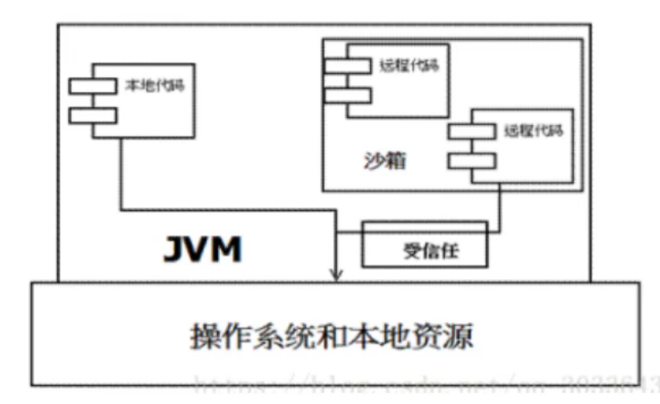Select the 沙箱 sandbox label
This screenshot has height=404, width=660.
(x=373, y=160)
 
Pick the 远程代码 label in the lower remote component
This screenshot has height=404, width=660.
(x=535, y=131)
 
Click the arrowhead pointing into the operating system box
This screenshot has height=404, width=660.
(x=337, y=273)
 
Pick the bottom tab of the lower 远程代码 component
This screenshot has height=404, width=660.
(x=469, y=160)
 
